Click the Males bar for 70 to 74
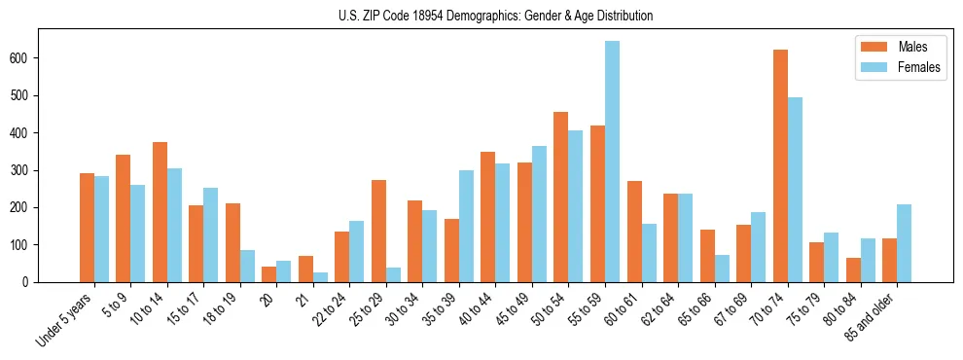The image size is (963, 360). click(780, 165)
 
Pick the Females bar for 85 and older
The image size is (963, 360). click(904, 243)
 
